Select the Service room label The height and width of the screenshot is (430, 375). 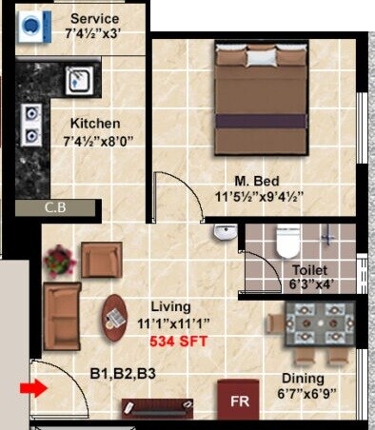[94, 19]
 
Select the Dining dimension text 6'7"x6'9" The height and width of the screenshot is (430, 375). [306, 391]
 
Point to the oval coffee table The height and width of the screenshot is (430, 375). [115, 319]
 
